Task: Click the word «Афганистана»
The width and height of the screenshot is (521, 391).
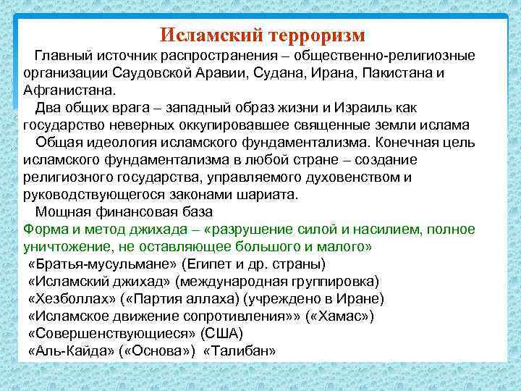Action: [x=69, y=91]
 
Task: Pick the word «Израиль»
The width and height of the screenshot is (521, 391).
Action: [x=365, y=108]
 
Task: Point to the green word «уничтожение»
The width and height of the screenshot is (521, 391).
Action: [x=62, y=247]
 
